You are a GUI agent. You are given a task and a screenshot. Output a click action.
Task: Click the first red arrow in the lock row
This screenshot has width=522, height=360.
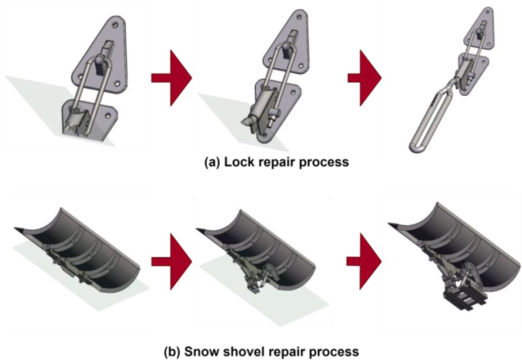pyautogui.click(x=171, y=78)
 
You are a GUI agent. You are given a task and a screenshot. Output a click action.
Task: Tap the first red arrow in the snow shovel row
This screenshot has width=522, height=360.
pyautogui.click(x=171, y=261)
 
